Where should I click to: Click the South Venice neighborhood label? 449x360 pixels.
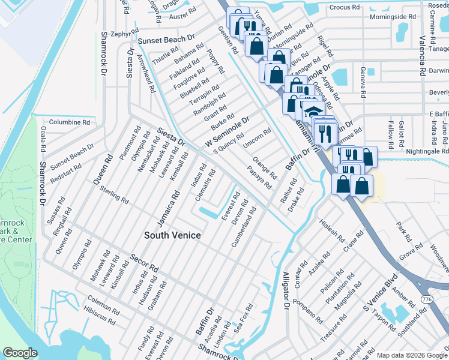click(x=172, y=235)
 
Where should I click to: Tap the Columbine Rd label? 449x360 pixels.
click(x=69, y=122)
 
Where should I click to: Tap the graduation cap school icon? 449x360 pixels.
click(x=313, y=112)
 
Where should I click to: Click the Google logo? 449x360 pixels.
click(x=20, y=353)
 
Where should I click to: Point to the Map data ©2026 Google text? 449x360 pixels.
click(x=411, y=355)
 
